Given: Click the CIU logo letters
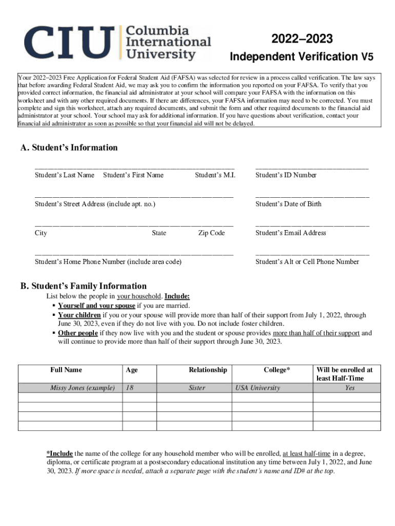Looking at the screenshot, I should pos(67,43).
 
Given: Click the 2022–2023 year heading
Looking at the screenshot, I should pos(302,39).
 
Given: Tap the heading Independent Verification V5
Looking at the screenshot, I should pos(302,56).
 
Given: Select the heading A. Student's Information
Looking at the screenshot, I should pos(69,148).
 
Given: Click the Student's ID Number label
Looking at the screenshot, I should pos(286,175).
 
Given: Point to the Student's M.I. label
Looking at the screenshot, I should pos(215,175).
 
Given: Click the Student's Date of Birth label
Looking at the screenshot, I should pos(288,204).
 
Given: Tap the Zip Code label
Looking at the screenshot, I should pos(211,233).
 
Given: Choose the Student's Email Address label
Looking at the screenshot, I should pos(290,233).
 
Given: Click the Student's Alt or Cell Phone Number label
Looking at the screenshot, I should pos(307,261).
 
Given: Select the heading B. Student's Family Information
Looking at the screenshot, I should pos(83,286).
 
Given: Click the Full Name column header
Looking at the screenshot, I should pos(66,370).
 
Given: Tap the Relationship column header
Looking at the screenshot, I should pos(207,370).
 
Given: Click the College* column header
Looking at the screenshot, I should pos(276,370).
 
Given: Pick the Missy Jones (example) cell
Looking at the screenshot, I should pos(82,388).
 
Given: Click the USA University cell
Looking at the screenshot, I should pos(258,388).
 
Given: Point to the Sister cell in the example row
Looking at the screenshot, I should pos(197,388).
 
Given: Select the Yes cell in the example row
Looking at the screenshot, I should pos(349,388).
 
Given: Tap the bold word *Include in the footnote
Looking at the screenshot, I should pos(60,454).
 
